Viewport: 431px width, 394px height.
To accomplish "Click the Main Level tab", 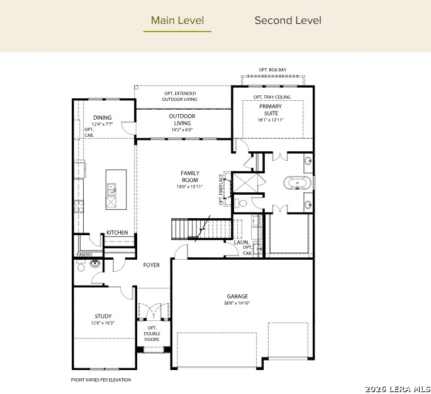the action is coord(177,20).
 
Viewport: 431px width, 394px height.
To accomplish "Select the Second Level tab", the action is coord(288,20).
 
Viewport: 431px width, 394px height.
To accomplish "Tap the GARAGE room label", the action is coord(237,296).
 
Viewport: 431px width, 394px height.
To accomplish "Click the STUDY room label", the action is coord(103,316).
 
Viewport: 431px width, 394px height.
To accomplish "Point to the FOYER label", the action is coord(151,265).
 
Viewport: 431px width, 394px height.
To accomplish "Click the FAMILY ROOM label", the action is coord(190,177).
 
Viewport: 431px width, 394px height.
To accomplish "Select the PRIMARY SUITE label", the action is coord(271,110).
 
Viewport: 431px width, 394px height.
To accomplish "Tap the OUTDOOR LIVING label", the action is coord(182,120).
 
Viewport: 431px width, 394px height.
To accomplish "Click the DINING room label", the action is coord(103,117).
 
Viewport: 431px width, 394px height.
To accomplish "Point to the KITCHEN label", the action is coord(117,233).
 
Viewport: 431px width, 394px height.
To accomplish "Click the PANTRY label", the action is coord(84,255).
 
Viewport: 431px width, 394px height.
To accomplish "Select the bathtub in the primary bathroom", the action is coord(298,183).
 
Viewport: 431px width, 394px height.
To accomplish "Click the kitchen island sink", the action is coord(111,190).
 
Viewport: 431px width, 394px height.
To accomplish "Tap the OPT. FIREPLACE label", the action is coord(221,189).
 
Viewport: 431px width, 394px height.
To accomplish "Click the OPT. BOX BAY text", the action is coord(272,69).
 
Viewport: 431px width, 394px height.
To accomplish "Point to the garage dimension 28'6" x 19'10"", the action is coord(237,303).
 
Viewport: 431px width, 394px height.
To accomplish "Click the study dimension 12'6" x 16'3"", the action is coord(103,323).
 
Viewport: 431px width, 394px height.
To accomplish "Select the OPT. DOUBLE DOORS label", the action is coord(152,333).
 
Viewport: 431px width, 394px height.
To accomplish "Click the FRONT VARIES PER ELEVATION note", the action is coord(101,380).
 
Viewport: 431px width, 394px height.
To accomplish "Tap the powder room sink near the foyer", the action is coord(95,264).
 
